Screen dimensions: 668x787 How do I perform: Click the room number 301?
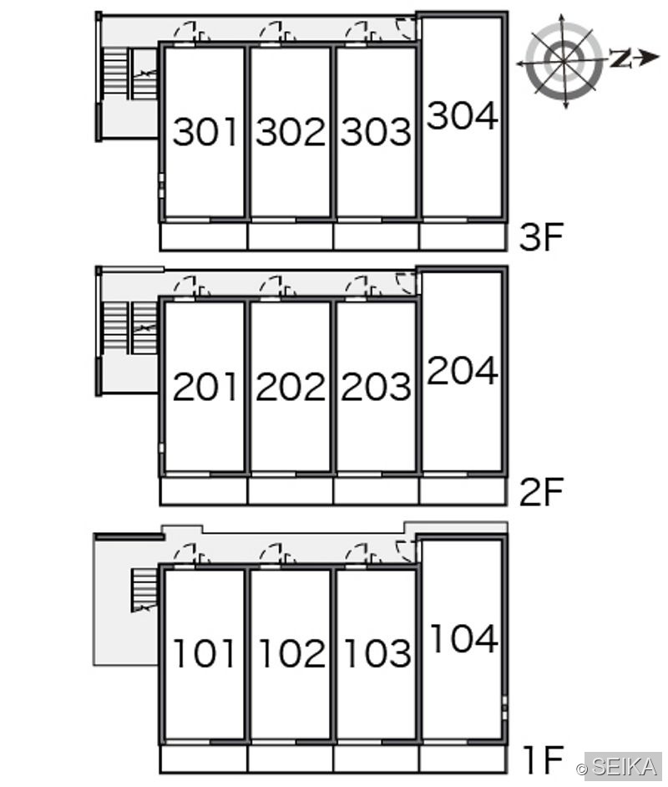pyautogui.click(x=205, y=131)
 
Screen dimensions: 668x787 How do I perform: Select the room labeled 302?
pyautogui.click(x=291, y=131)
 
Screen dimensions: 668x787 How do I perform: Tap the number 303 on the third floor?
pyautogui.click(x=376, y=131)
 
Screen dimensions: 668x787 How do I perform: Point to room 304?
pyautogui.click(x=463, y=115)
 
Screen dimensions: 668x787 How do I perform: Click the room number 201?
pyautogui.click(x=205, y=387)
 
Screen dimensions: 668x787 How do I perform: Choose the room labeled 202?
pyautogui.click(x=291, y=387)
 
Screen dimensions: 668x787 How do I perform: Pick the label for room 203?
pyautogui.click(x=376, y=387)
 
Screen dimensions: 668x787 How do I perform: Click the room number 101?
pyautogui.click(x=204, y=653)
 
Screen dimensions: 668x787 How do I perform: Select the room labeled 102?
pyautogui.click(x=292, y=653)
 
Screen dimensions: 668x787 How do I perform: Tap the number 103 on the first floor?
pyautogui.click(x=378, y=653)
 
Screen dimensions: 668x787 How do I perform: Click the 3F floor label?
pyautogui.click(x=542, y=237)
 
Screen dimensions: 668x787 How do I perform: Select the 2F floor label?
pyautogui.click(x=542, y=492)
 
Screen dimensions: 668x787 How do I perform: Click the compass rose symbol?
pyautogui.click(x=564, y=61)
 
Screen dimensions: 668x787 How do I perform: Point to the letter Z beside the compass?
pyautogui.click(x=620, y=58)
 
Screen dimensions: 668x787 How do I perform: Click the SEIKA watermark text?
pyautogui.click(x=624, y=767)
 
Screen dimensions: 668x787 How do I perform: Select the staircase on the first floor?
pyautogui.click(x=144, y=590)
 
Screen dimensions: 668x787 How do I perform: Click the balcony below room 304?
pyautogui.click(x=463, y=236)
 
